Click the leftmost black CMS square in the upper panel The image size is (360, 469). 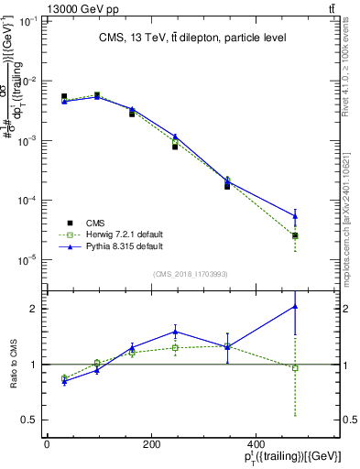click(64, 96)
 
